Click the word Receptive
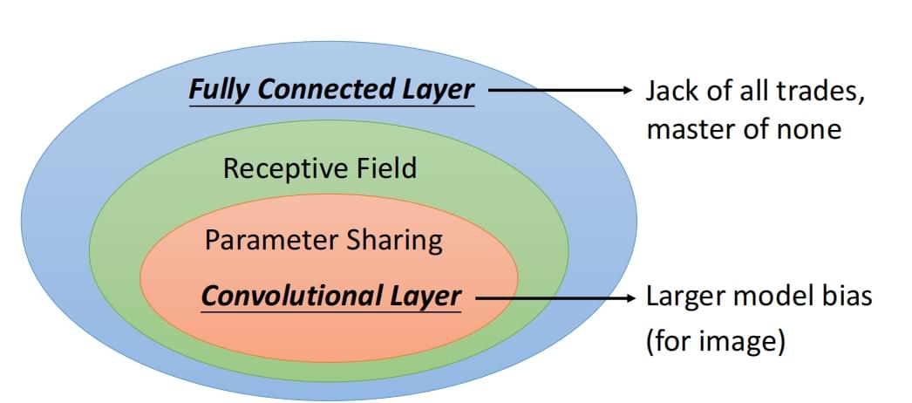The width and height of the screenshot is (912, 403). (x=277, y=167)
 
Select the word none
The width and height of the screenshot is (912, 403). (x=811, y=130)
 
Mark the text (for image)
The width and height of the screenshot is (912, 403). (x=716, y=339)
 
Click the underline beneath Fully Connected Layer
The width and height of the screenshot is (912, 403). (x=331, y=106)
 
